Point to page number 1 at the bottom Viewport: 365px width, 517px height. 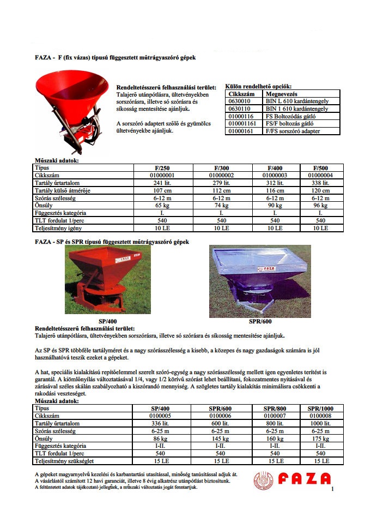(x=331, y=490)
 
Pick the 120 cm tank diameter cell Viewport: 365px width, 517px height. (x=320, y=190)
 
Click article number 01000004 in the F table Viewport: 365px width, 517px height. (x=320, y=176)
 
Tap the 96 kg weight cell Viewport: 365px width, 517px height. (x=320, y=205)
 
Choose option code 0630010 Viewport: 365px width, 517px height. (x=240, y=101)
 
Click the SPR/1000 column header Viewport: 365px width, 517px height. (x=320, y=408)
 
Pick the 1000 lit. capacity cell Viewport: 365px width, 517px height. (x=320, y=423)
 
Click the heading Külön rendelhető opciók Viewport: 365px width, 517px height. (x=258, y=86)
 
